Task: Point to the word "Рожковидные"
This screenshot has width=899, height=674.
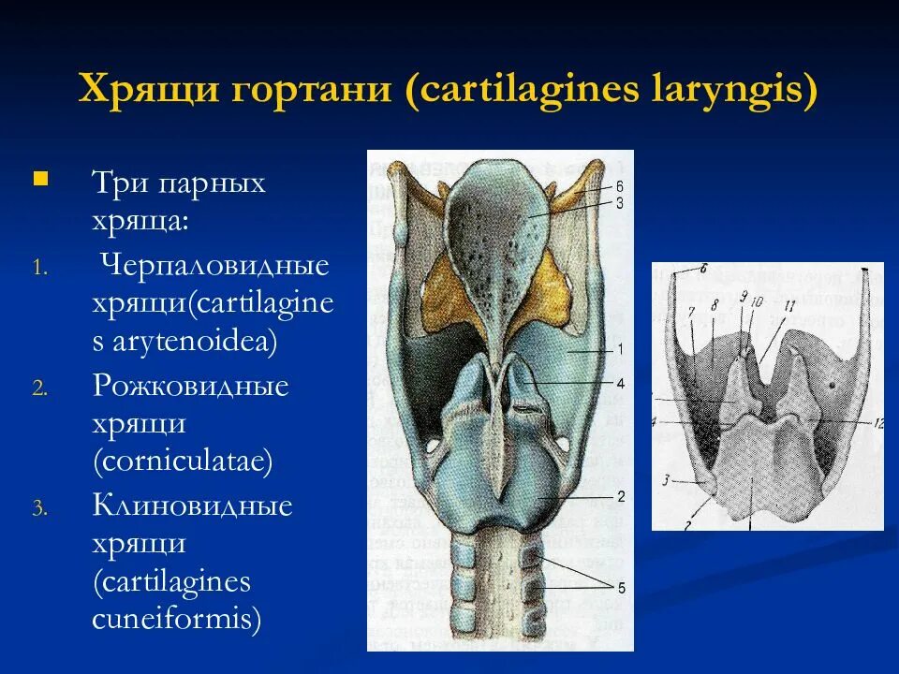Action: click(x=190, y=386)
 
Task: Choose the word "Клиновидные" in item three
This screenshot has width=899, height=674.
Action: click(x=192, y=506)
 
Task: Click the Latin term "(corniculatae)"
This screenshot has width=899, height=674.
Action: click(x=183, y=461)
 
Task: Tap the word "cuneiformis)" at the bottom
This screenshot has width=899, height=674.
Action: click(x=176, y=619)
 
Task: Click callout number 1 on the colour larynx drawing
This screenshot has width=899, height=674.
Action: click(x=619, y=348)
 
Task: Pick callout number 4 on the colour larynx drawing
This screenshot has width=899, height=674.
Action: click(x=619, y=382)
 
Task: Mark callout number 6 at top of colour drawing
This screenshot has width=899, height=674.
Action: click(x=619, y=186)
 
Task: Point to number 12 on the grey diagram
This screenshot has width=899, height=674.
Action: click(x=877, y=424)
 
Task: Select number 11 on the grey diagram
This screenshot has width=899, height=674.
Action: click(x=789, y=305)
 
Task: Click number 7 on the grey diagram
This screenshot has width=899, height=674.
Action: click(x=690, y=312)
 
